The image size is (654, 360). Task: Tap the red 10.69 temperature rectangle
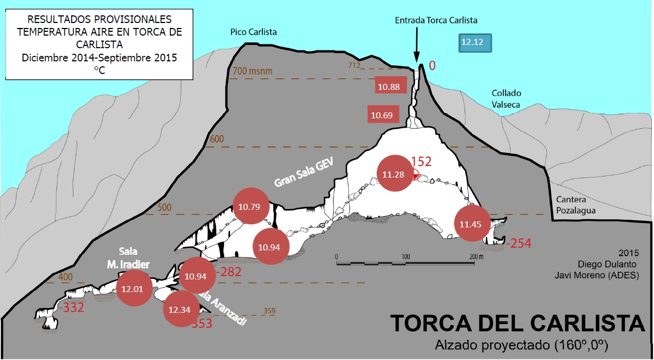tap(382, 115)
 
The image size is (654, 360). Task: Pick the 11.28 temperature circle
tap(395, 174)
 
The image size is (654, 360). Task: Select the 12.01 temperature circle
tap(133, 288)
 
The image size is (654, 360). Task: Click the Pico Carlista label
tap(254, 32)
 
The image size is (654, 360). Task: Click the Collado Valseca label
tap(506, 99)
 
